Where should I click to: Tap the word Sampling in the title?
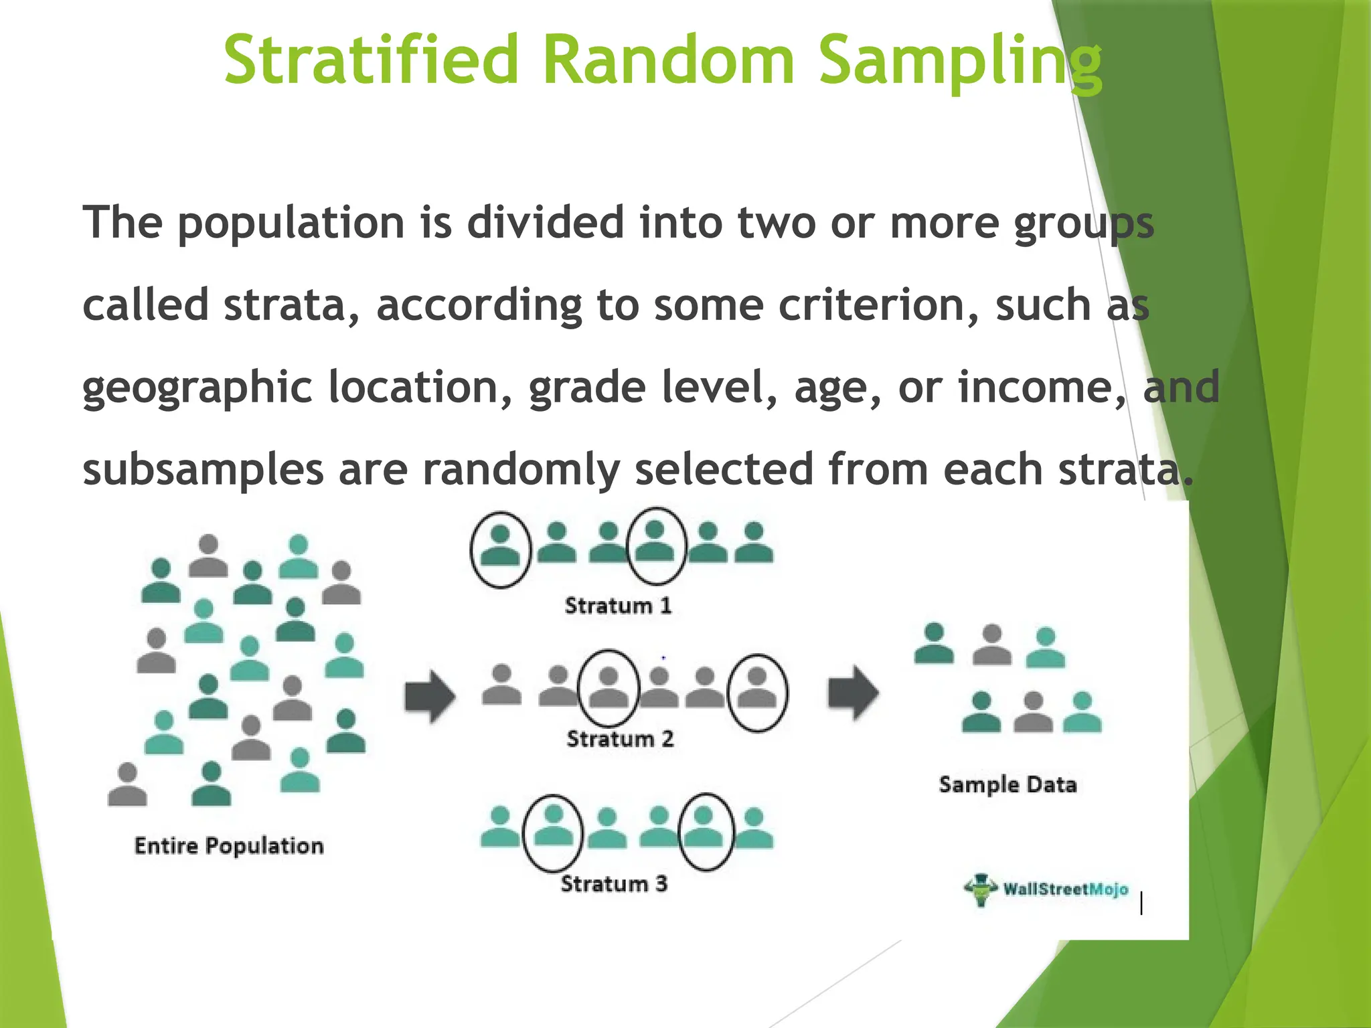[x=960, y=62]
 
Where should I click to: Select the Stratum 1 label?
[x=617, y=606]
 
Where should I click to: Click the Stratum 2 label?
[x=620, y=739]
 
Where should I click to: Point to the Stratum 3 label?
[x=614, y=884]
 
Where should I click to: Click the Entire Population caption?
[x=229, y=846]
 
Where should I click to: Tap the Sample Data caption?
[x=1007, y=784]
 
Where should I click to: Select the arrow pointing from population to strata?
[x=430, y=696]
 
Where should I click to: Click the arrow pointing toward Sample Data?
[x=853, y=693]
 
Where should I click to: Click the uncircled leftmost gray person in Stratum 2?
[x=502, y=685]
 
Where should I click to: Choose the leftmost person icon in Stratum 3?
[x=500, y=828]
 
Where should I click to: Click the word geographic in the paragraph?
[x=197, y=388]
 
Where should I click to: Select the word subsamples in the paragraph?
[x=203, y=470]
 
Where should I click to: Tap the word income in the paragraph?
[x=1042, y=388]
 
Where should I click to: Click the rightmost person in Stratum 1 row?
[x=754, y=543]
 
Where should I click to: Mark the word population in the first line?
[x=291, y=223]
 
